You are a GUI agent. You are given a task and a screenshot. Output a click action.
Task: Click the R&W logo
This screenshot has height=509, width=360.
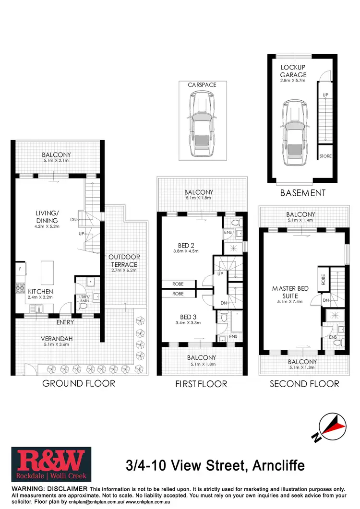(x=48, y=465)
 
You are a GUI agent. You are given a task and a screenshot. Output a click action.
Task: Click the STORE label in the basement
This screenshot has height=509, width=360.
(x=325, y=156)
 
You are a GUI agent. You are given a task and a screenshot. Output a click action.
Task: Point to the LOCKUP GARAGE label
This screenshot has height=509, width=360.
(x=293, y=71)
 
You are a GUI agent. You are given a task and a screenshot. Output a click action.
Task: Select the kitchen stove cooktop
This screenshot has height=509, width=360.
(x=21, y=288)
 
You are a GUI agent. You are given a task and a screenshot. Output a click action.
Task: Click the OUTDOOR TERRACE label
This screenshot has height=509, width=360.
(x=123, y=260)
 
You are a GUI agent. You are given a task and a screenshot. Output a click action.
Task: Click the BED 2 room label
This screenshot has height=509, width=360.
(x=182, y=244)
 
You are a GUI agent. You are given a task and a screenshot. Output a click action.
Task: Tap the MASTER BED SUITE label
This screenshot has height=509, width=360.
(x=290, y=292)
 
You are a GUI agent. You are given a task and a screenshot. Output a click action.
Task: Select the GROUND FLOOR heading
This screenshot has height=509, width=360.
(x=78, y=383)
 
